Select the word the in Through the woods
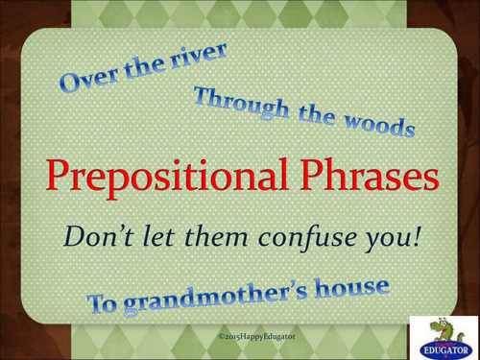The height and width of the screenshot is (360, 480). pyautogui.click(x=314, y=116)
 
